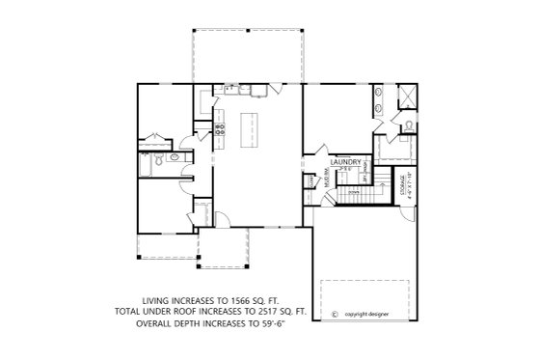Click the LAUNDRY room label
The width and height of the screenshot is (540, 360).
(x=346, y=162)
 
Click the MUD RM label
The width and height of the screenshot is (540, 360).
(x=327, y=179)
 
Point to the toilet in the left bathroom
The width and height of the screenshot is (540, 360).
(x=175, y=157)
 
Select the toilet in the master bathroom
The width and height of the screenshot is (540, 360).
(x=409, y=125)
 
